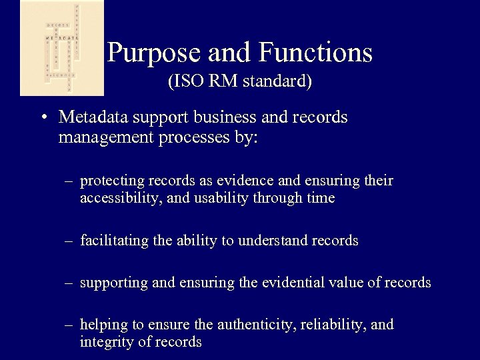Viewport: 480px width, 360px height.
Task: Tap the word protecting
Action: [x=109, y=181]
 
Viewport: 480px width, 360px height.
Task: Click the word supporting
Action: [x=112, y=283]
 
